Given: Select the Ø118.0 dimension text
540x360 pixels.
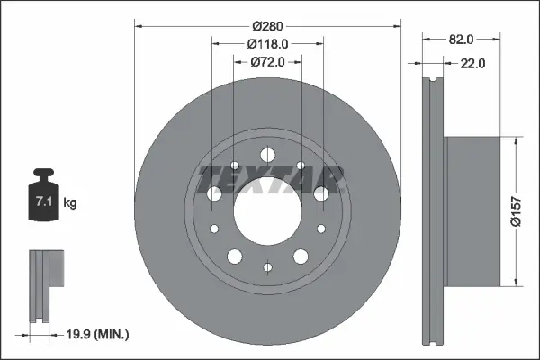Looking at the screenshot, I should [x=267, y=43].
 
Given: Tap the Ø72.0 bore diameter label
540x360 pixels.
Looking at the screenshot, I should [x=267, y=61].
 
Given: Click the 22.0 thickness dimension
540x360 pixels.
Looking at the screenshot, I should [x=472, y=63].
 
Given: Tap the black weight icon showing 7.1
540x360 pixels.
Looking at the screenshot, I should [x=44, y=198].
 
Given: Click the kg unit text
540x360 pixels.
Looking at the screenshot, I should [x=70, y=203].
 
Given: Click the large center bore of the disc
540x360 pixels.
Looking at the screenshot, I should [x=267, y=214].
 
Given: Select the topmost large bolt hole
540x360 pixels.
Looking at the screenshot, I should [x=267, y=154].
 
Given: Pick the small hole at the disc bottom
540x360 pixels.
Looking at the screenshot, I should [x=267, y=266].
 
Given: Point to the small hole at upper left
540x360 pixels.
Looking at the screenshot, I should [x=235, y=166].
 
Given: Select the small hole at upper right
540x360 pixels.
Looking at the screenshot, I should [x=301, y=166].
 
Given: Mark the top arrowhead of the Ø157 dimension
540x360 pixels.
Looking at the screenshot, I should [x=515, y=142].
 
